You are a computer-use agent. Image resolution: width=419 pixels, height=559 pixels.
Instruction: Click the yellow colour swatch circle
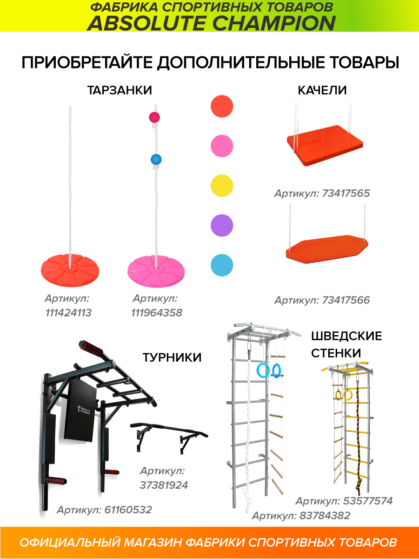tap(222, 186)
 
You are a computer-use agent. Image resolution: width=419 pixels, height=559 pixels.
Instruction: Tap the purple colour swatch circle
tap(222, 225)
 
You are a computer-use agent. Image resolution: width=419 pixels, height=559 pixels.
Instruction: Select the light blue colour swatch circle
tap(222, 265)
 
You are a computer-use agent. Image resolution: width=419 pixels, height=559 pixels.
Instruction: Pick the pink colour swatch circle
tap(222, 146)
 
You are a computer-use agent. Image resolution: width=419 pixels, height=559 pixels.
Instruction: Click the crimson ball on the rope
tap(154, 117)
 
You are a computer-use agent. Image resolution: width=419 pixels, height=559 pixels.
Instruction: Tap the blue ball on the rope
tap(156, 160)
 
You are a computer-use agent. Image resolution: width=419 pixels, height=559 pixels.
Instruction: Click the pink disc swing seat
tap(156, 271)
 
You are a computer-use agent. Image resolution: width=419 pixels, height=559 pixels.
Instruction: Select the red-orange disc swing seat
tap(70, 270)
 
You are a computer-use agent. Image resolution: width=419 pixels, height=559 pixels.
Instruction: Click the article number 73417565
tap(346, 194)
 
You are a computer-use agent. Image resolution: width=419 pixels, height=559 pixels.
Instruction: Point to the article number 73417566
tap(346, 300)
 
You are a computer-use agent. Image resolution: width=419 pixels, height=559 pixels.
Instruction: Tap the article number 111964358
tap(157, 313)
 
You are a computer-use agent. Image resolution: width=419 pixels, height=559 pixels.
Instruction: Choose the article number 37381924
tap(164, 485)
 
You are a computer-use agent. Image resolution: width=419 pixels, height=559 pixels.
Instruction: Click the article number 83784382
tap(325, 516)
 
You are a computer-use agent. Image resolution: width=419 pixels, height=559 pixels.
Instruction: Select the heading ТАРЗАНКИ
tap(120, 90)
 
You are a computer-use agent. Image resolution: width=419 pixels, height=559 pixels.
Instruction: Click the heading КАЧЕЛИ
tap(322, 90)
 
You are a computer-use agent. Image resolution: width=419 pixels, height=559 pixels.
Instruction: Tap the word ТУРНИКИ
tap(172, 357)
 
